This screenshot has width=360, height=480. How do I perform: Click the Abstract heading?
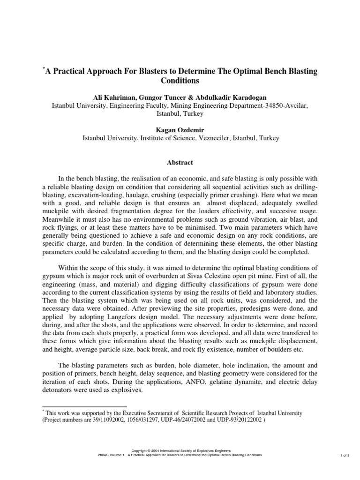point(180,163)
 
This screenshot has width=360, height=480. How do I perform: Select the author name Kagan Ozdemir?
point(180,130)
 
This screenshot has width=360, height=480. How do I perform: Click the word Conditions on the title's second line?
point(180,80)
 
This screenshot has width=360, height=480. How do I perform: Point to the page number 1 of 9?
point(344,455)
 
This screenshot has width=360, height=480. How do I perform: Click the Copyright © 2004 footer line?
point(180,450)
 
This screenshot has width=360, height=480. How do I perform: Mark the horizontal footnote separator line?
point(84,406)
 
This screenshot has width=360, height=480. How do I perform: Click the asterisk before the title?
point(43,68)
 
